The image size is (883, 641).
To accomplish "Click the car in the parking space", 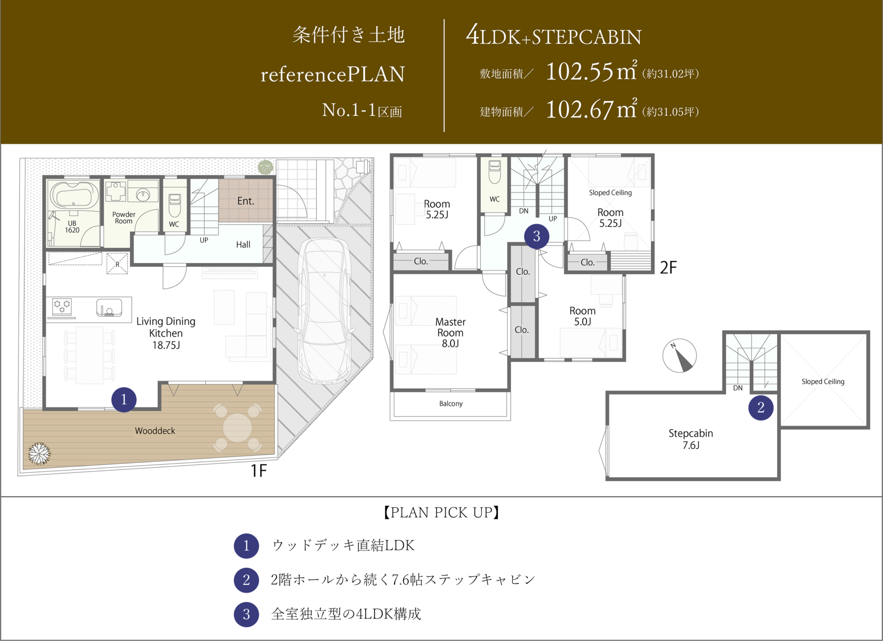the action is pos(325,311).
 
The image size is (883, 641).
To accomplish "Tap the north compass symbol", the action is pos(679,356).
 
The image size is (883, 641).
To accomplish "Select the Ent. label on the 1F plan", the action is pos(246,201).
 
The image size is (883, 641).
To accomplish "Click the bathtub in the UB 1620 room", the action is pos(74,195).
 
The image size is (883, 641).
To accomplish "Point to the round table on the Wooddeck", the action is pos(237,427).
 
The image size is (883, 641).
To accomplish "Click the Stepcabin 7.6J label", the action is pos(691,439).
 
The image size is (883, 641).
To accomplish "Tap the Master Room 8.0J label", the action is pos(450,332).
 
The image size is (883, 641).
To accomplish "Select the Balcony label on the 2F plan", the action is pos(451,404).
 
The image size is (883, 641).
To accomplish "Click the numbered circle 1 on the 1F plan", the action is pos(124,399).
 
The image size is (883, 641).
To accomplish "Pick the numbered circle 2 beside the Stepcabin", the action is pos(761,407).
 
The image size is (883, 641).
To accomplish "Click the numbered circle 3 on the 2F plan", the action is pos(536,237).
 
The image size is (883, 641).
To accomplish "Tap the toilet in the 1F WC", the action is pos(175,205).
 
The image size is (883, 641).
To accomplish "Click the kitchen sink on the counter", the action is pos(109,307).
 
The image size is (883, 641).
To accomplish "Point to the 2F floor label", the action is pos(668,267).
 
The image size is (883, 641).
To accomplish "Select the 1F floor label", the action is pos(258,470).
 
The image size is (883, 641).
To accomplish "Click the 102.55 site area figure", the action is pos(579,72).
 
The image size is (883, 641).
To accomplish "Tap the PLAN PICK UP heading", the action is pos(441,512).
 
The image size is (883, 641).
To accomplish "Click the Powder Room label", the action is pos(124,218).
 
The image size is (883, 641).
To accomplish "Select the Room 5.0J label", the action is pos(582,316).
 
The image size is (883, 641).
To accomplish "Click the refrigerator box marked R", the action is pos(117,264).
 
